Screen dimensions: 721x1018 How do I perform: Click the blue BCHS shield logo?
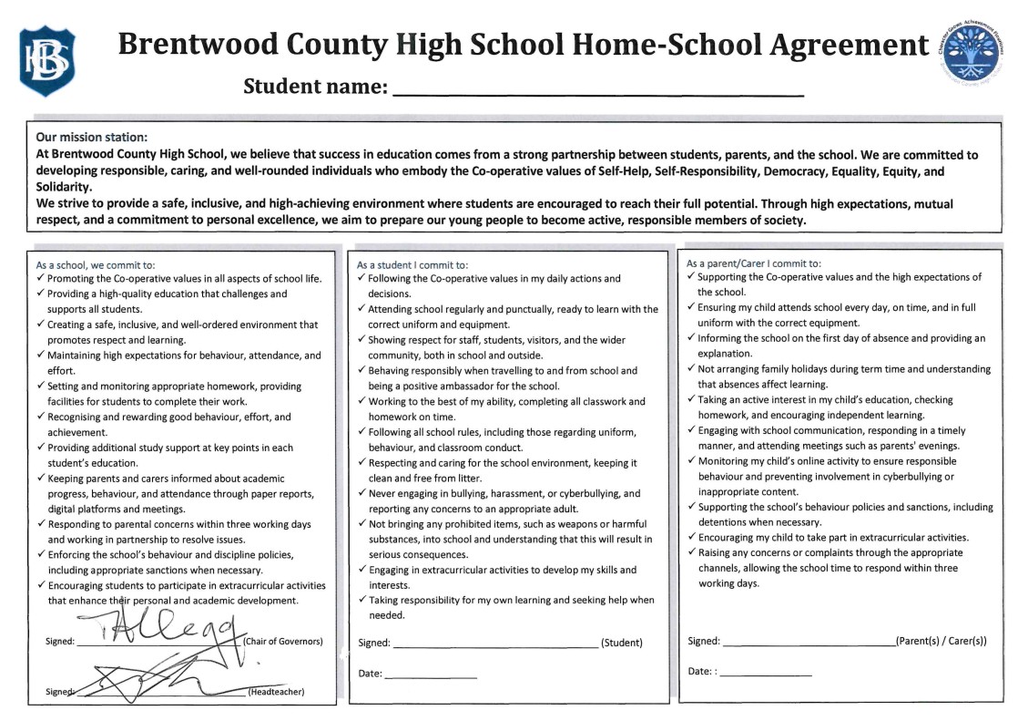47,61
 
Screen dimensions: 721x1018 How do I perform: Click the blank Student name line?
598,91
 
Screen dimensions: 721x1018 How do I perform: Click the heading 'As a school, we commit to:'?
95,264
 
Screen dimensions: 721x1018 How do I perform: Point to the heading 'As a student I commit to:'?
412,264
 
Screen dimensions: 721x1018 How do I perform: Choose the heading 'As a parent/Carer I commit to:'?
754,263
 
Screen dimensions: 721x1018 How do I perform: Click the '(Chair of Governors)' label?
283,642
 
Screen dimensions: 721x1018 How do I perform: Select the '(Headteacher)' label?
276,692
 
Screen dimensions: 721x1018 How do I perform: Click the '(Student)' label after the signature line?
622,643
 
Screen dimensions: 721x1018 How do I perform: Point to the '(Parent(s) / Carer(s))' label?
942,641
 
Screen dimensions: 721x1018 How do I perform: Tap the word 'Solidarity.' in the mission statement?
64,186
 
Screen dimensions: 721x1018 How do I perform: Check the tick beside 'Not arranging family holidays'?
691,369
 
